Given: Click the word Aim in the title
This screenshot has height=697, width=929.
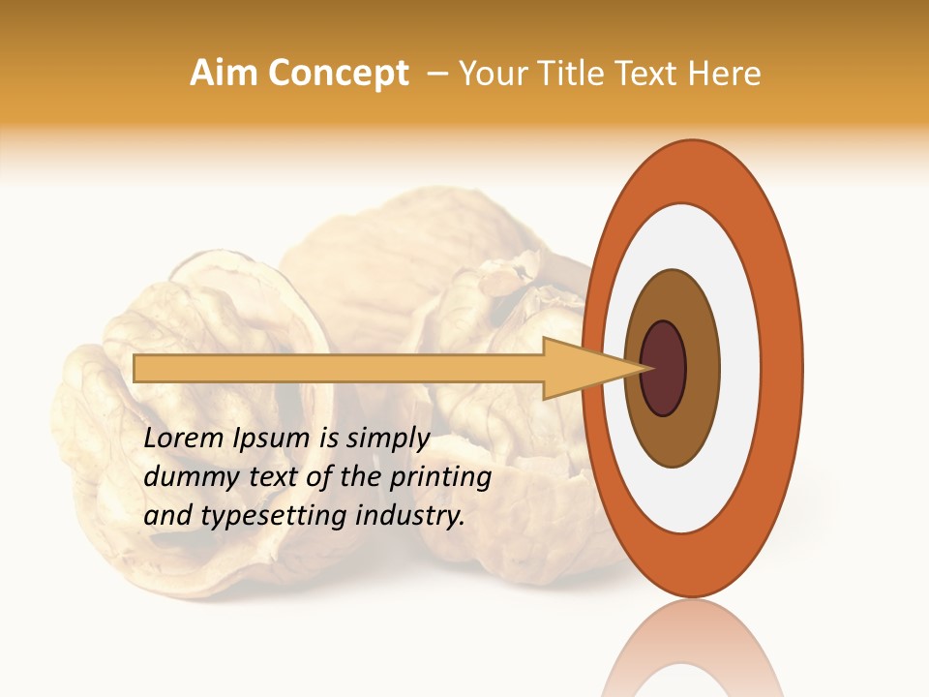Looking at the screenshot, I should point(224,74).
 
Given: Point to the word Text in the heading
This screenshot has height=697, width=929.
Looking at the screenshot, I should point(647,74).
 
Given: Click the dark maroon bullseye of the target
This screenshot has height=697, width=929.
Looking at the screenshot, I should point(664,368).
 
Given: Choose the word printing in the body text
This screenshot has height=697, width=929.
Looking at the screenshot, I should point(441,477).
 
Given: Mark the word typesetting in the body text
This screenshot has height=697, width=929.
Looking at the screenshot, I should point(266,516).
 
